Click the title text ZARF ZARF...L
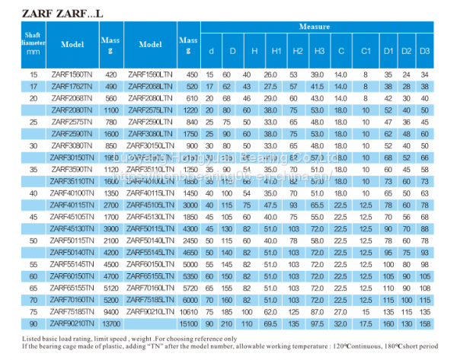[52, 11]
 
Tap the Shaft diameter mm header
[33, 44]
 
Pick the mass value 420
[111, 75]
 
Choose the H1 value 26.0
[270, 75]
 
